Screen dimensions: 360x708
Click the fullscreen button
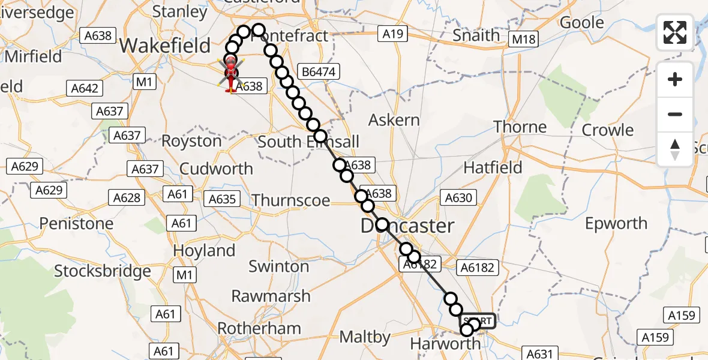[x=675, y=32]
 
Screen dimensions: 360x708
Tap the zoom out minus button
[x=675, y=114]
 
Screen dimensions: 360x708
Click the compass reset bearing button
[x=675, y=149]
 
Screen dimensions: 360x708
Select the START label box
[x=479, y=321]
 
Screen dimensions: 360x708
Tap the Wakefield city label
[x=165, y=46]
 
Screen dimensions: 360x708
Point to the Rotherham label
[x=259, y=329]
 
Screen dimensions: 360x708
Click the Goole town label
[x=581, y=23]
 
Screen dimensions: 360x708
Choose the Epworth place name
[x=616, y=224]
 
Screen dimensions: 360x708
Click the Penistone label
[x=76, y=224]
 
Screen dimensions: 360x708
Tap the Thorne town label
[x=520, y=127]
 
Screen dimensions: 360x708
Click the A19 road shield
[x=392, y=35]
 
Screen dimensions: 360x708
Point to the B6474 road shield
[x=320, y=73]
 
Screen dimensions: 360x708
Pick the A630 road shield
[x=458, y=197]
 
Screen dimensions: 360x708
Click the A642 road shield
[x=85, y=89]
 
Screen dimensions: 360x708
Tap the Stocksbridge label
[x=103, y=271]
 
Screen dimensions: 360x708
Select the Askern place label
[x=394, y=120]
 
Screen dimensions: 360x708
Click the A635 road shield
[x=223, y=199]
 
